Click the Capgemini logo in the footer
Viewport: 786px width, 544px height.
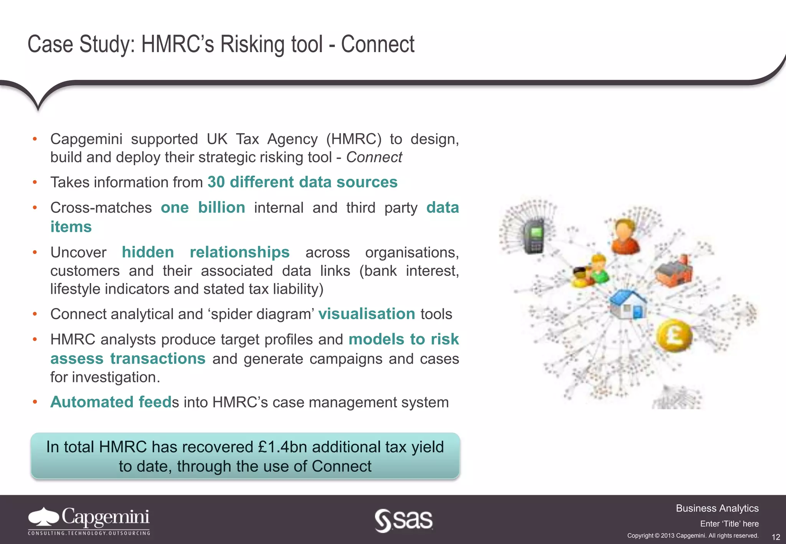[89, 521]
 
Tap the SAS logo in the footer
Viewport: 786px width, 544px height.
[404, 520]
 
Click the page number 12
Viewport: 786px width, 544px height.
[776, 537]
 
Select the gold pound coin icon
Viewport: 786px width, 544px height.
[674, 335]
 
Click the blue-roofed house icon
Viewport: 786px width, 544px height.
[628, 304]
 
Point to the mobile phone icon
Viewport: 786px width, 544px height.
[534, 236]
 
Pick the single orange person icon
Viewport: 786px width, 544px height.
[625, 236]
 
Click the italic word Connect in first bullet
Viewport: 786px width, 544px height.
[374, 157]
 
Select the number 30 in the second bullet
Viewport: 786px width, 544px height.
[216, 182]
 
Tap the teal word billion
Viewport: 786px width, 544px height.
[221, 208]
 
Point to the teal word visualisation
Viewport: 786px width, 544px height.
[367, 314]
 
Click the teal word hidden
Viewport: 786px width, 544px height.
[148, 252]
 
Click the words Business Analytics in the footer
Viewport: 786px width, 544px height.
[717, 508]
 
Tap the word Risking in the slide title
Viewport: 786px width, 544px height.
[253, 44]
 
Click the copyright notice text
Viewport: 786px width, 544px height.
[693, 536]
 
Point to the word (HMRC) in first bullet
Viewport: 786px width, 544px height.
[353, 139]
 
